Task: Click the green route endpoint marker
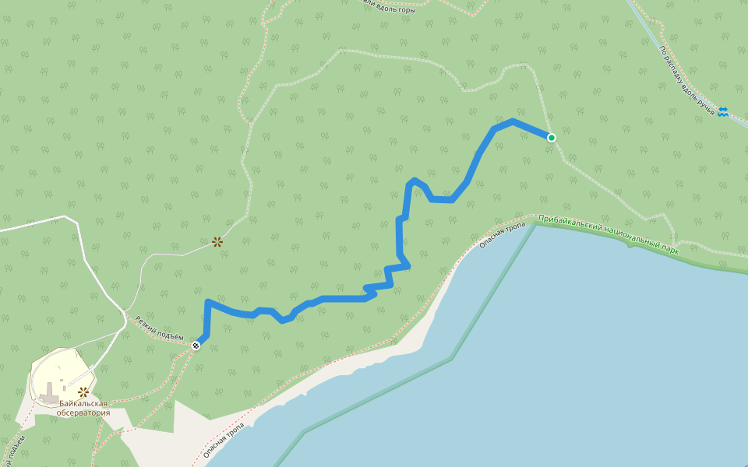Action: pos(552,138)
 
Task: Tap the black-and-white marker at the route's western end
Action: pos(196,345)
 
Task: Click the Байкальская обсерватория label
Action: pos(83,408)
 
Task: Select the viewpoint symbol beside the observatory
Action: pos(83,392)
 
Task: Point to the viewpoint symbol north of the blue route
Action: pos(217,242)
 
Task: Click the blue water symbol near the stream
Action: pos(723,112)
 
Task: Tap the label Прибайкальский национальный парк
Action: pos(609,236)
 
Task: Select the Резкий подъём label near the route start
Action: pos(159,328)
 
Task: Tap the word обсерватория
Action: pos(83,413)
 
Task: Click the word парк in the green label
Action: pos(669,249)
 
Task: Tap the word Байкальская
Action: pos(83,403)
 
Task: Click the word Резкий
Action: pos(147,323)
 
